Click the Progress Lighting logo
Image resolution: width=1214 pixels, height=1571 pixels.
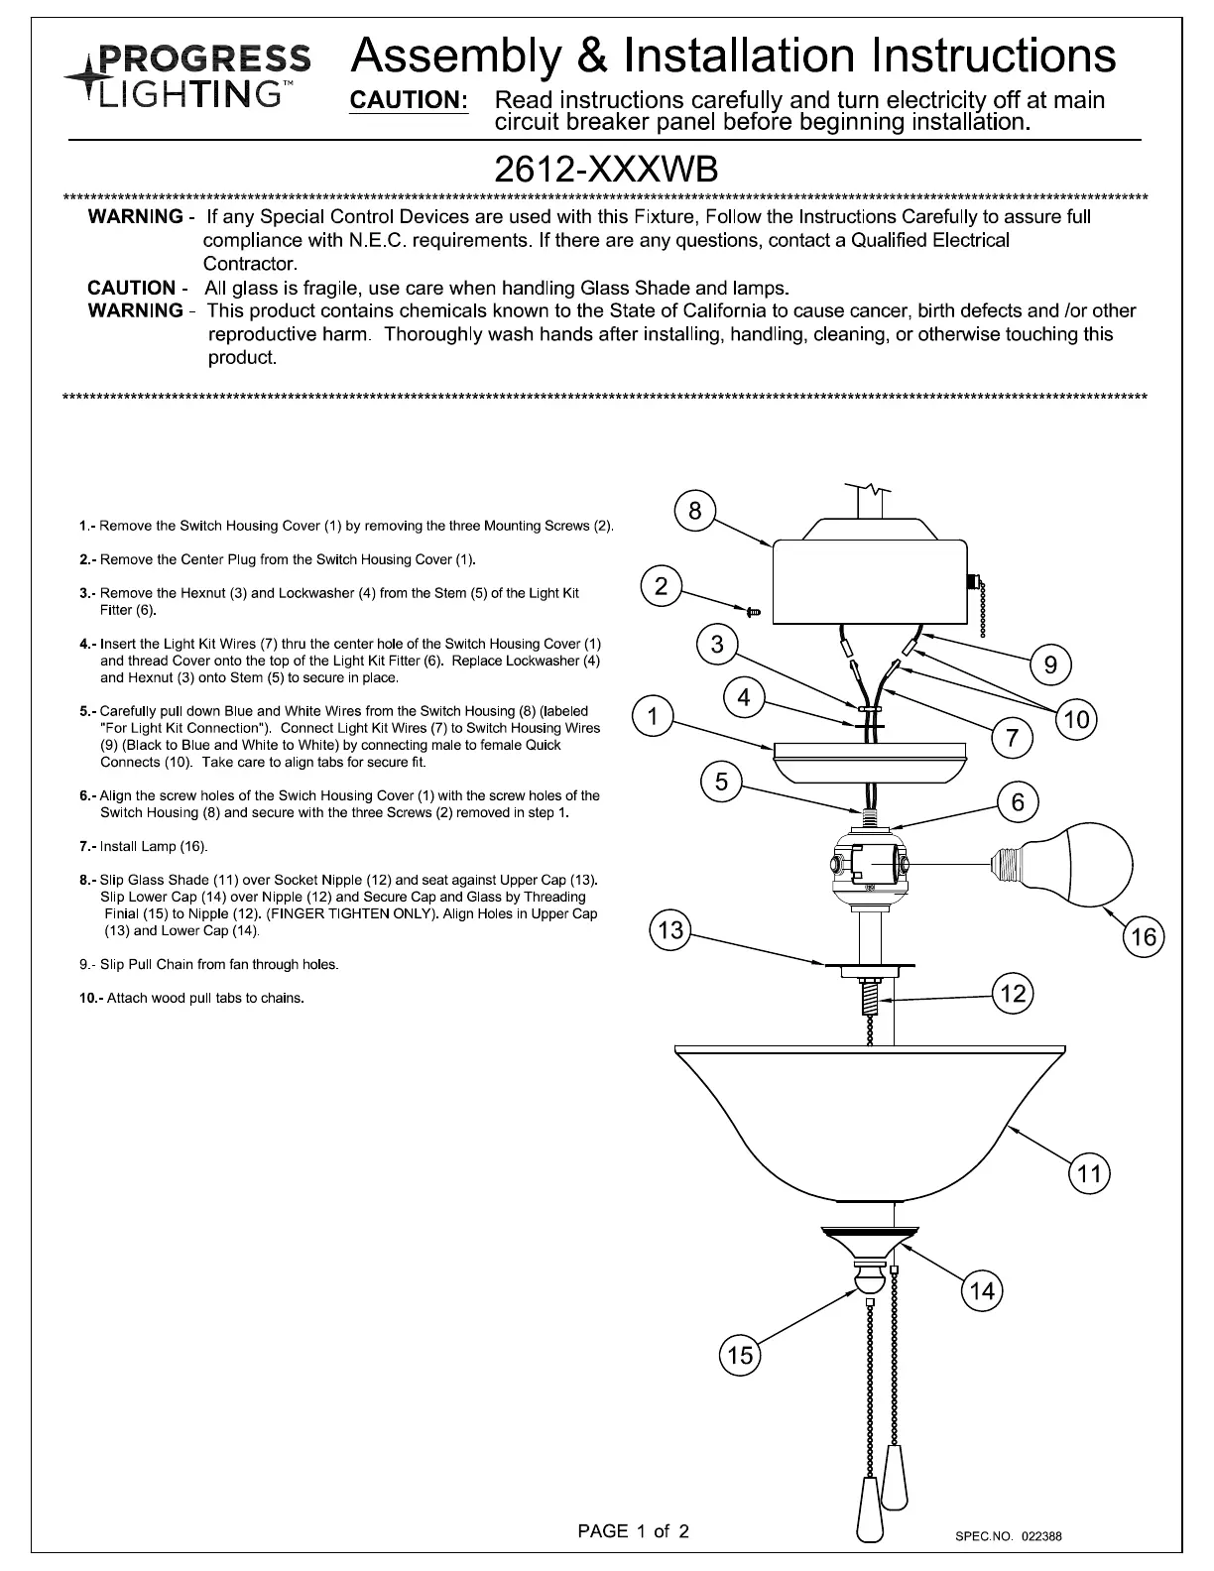click(x=187, y=74)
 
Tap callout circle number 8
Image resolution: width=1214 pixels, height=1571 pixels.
click(x=694, y=511)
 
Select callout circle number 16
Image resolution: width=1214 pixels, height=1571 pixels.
click(x=1144, y=937)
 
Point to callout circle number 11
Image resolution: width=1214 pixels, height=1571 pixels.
click(x=1089, y=1175)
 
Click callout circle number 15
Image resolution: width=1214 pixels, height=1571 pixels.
click(x=740, y=1356)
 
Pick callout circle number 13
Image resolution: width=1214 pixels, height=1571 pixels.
click(x=670, y=930)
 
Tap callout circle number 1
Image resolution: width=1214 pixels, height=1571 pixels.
click(x=653, y=716)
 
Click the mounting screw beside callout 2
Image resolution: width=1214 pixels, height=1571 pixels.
click(x=753, y=613)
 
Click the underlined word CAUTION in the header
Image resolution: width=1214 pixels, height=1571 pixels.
click(x=409, y=101)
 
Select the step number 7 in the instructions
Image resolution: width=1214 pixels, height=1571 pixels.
click(x=85, y=847)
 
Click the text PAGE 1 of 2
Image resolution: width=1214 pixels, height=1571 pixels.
click(x=633, y=1530)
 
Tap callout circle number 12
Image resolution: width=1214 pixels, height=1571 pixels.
click(x=1013, y=993)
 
